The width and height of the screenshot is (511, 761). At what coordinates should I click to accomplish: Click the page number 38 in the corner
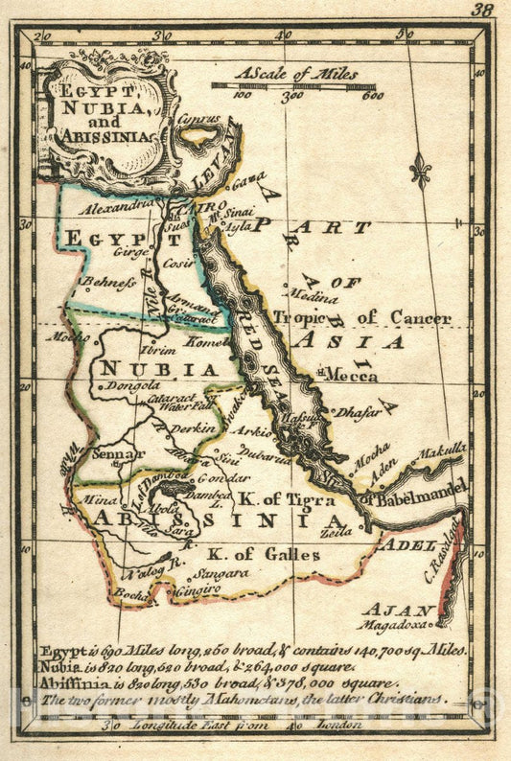[x=484, y=11]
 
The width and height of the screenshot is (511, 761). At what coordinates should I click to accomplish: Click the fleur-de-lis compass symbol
[x=420, y=171]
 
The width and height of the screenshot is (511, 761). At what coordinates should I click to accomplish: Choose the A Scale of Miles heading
[x=296, y=73]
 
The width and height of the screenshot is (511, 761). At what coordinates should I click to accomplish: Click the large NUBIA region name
[x=159, y=368]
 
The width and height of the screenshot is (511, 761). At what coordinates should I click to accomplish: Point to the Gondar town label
[x=222, y=476]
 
